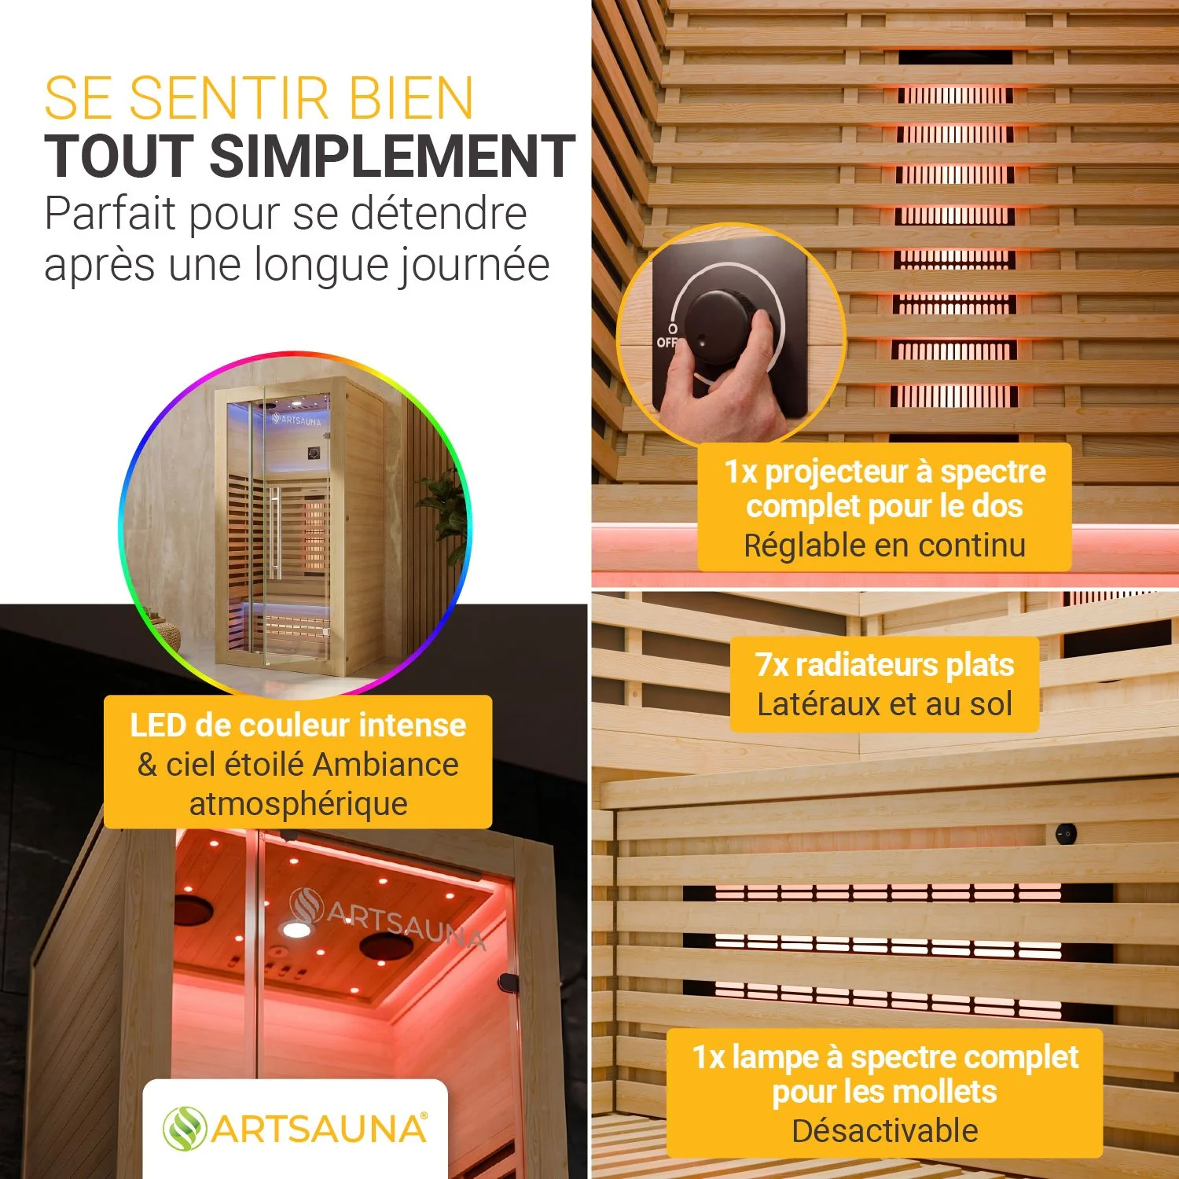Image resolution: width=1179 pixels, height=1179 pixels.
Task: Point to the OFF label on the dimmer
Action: click(667, 342)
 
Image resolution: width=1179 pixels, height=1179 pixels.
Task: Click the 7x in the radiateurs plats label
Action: click(771, 665)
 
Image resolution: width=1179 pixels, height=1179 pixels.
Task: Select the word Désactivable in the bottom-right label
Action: click(885, 1131)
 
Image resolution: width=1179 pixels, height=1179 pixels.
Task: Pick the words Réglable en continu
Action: click(885, 545)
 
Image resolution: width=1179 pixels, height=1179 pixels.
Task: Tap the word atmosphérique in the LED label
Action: click(299, 804)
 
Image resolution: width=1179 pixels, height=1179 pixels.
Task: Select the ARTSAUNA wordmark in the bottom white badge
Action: click(319, 1129)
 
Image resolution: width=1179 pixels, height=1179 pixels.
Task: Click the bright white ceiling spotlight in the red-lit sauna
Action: click(296, 930)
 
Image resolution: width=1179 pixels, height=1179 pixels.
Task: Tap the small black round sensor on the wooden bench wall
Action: click(1066, 832)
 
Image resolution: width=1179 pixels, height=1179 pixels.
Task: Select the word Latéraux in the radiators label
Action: click(818, 704)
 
